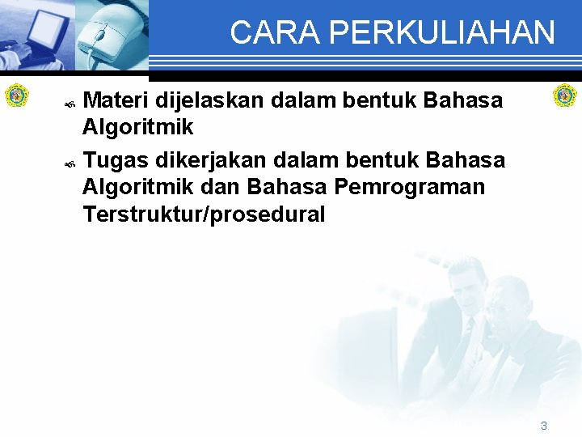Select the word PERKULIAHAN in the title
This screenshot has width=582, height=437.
442,33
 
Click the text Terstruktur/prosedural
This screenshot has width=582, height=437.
204,214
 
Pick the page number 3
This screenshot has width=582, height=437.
544,425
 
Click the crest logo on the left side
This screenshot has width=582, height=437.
16,95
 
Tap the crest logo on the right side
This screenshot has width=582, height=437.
564,95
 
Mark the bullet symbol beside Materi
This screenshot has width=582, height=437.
70,104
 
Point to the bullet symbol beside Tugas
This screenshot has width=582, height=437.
70,163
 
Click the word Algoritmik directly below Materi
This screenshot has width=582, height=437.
137,127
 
